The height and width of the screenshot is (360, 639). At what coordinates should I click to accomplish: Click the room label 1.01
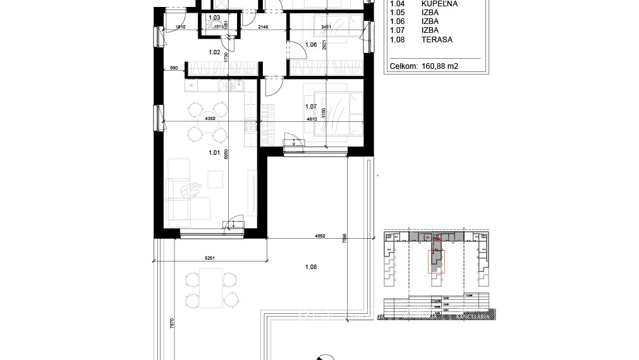[214, 152]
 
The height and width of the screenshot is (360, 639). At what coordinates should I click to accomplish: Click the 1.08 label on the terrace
[310, 267]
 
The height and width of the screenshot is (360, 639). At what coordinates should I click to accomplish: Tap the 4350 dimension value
[204, 118]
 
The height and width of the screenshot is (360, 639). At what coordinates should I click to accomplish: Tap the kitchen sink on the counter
[232, 85]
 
